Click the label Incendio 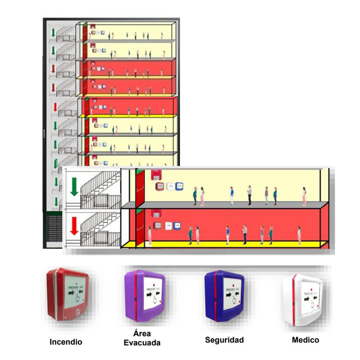[66, 342]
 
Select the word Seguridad [224, 340]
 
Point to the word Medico [305, 340]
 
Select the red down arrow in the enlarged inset [74, 226]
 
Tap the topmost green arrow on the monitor [53, 32]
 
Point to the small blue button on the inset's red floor [177, 226]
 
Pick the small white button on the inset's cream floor [169, 186]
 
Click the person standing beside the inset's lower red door [150, 236]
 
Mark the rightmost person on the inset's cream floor [304, 197]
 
